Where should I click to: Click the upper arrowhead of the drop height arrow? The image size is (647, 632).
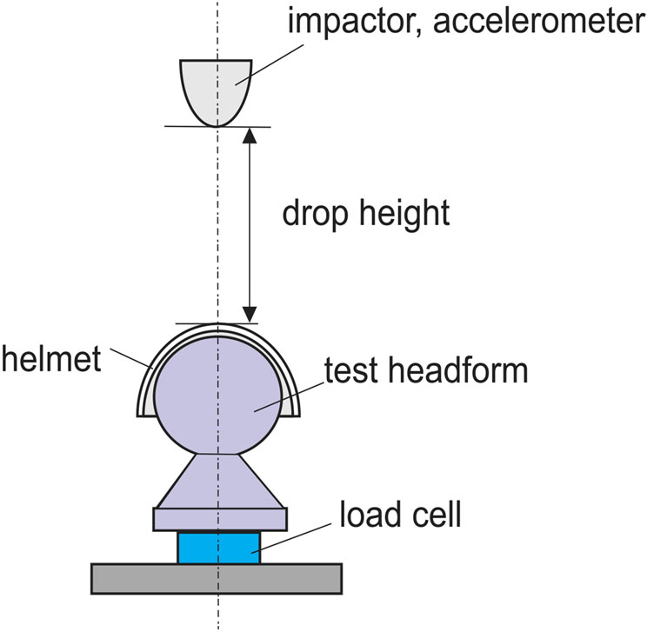(250, 136)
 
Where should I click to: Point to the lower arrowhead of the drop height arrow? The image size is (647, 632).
(250, 313)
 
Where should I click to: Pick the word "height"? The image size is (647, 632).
(405, 213)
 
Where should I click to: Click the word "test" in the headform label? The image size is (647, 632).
(351, 371)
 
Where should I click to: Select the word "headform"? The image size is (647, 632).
(457, 371)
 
